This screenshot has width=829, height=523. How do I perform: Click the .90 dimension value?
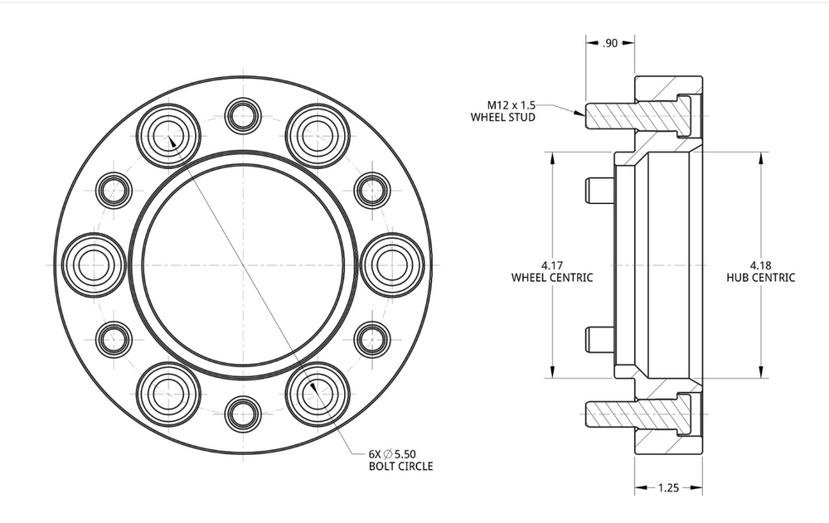pyautogui.click(x=609, y=43)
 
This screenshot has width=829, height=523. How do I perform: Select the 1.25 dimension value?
pyautogui.click(x=668, y=487)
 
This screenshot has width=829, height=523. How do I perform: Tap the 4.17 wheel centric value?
pyautogui.click(x=552, y=265)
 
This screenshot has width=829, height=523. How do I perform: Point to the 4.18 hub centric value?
pyautogui.click(x=760, y=265)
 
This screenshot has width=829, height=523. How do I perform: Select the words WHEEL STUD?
pyautogui.click(x=503, y=118)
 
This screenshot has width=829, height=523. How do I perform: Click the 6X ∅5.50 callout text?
pyautogui.click(x=392, y=453)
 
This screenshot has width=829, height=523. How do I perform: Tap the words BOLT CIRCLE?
pyautogui.click(x=400, y=466)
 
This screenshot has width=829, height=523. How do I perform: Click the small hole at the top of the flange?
pyautogui.click(x=243, y=116)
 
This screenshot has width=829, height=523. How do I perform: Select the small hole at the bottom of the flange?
pyautogui.click(x=243, y=414)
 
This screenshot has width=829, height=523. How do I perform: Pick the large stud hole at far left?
pyautogui.click(x=95, y=265)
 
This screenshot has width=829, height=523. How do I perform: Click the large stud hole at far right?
pyautogui.click(x=392, y=265)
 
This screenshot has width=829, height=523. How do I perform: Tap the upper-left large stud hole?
pyautogui.click(x=168, y=136)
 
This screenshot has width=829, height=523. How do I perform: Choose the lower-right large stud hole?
pyautogui.click(x=318, y=394)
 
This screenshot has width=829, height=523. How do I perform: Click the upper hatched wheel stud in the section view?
pyautogui.click(x=638, y=115)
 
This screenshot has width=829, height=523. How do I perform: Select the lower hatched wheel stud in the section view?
pyautogui.click(x=638, y=414)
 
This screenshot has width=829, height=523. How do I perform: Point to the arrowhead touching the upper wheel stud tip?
pyautogui.click(x=580, y=112)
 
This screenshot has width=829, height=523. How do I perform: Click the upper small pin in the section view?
pyautogui.click(x=599, y=191)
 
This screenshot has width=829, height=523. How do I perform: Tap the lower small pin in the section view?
pyautogui.click(x=599, y=339)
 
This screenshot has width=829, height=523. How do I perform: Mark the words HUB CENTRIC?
pyautogui.click(x=760, y=278)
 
